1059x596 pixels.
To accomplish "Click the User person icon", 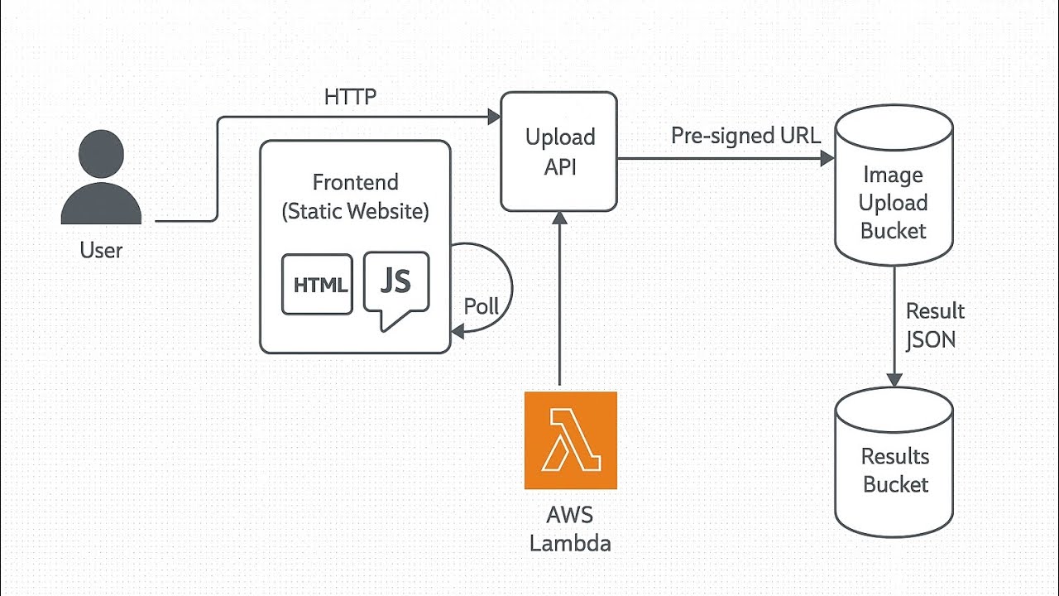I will click(101, 178).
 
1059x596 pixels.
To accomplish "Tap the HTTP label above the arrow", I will click(350, 97).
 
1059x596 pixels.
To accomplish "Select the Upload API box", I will click(559, 151).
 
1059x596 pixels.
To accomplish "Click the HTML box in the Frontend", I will click(318, 285).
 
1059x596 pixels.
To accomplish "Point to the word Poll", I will click(481, 306).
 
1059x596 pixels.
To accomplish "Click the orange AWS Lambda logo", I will click(570, 440).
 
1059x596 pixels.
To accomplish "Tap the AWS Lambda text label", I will click(570, 529).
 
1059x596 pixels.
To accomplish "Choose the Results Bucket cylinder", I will click(894, 464).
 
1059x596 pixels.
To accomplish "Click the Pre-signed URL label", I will click(745, 136).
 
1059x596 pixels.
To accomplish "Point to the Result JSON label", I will click(935, 324).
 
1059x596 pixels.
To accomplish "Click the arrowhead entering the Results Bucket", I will click(894, 378).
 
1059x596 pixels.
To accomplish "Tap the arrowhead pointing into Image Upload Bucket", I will click(827, 158).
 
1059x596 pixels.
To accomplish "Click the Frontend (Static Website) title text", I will click(355, 196).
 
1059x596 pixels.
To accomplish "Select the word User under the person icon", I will click(101, 250).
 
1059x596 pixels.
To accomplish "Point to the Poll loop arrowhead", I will click(458, 332).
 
